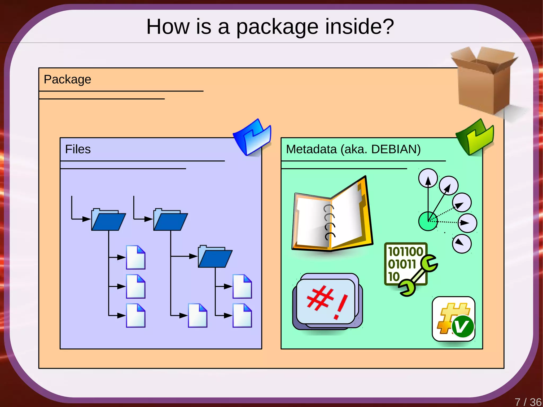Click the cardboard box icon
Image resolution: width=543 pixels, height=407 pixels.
click(x=484, y=81)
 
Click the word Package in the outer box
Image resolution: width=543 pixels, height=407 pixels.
click(x=67, y=79)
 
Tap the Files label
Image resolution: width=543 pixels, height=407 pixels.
click(x=78, y=149)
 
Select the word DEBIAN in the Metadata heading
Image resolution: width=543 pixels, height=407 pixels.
click(x=396, y=149)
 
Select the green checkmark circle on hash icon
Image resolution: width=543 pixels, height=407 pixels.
click(x=462, y=326)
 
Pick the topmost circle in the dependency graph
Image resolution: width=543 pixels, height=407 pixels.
click(x=428, y=178)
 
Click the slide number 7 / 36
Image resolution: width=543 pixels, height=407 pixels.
click(x=528, y=402)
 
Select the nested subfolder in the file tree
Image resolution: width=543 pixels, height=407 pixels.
click(x=215, y=256)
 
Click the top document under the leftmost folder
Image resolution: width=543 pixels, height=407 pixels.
click(x=135, y=257)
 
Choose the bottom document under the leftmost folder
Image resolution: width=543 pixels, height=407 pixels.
click(x=135, y=315)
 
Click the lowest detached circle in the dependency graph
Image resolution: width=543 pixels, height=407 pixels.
click(x=461, y=244)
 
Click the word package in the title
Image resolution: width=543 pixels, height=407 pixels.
click(x=277, y=27)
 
